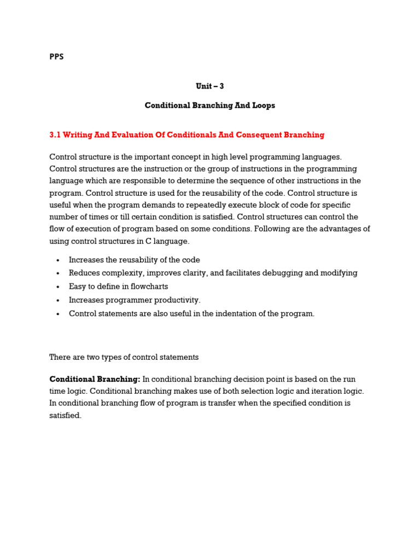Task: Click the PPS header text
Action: [x=56, y=56]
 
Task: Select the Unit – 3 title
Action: [x=210, y=86]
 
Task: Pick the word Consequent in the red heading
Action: [x=261, y=135]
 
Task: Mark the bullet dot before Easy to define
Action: [x=57, y=287]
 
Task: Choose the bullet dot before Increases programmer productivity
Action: [x=57, y=300]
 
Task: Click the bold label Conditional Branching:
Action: [x=95, y=379]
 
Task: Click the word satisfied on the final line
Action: [x=65, y=415]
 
